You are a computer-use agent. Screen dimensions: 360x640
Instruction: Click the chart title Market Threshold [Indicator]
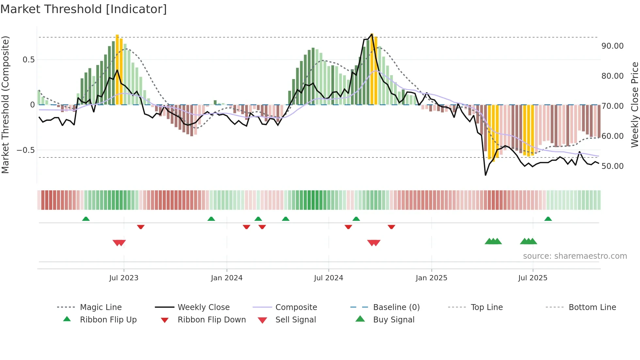(x=84, y=9)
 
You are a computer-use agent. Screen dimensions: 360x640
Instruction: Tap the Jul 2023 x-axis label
(x=124, y=278)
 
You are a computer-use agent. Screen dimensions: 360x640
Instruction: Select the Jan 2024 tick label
(x=227, y=278)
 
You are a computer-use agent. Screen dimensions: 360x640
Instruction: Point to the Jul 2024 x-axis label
(x=328, y=278)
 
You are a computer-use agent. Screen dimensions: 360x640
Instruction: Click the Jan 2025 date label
(x=431, y=278)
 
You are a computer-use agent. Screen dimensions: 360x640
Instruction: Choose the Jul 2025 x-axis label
(x=533, y=278)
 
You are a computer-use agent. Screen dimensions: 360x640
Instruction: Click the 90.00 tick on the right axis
(x=613, y=46)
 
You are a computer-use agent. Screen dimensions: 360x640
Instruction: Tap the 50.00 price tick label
(x=613, y=166)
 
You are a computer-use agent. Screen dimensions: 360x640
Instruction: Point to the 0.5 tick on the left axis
(x=28, y=60)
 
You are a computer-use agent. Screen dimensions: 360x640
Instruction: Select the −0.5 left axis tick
(x=26, y=150)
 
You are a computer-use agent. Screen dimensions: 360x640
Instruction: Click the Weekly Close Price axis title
(x=634, y=105)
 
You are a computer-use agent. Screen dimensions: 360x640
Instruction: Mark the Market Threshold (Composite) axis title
(x=5, y=105)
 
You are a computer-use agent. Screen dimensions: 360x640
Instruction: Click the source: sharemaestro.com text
(x=575, y=256)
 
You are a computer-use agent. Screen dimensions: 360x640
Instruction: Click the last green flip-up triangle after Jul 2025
(x=548, y=219)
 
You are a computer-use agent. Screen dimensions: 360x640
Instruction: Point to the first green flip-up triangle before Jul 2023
(x=86, y=219)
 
